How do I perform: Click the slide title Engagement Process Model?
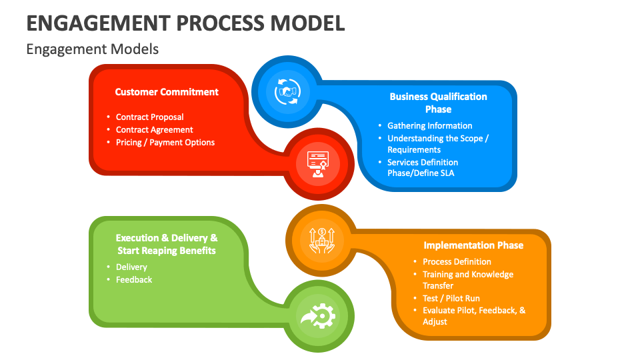[x=185, y=23]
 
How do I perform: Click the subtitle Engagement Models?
[x=93, y=49]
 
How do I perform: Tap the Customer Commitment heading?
[x=167, y=92]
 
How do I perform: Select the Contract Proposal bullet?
[x=149, y=117]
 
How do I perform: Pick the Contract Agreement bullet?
[x=154, y=129]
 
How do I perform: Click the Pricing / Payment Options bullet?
[x=165, y=142]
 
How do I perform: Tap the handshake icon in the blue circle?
[x=287, y=91]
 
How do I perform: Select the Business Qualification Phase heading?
[x=438, y=103]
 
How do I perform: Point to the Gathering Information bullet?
[x=429, y=125]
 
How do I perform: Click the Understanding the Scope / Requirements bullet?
[x=438, y=144]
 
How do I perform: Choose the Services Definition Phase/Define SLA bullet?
[x=423, y=167]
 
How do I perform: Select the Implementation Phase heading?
[x=473, y=245]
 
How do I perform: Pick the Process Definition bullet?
[x=457, y=261]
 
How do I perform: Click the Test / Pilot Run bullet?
[x=451, y=298]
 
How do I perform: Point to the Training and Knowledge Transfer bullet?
[x=467, y=280]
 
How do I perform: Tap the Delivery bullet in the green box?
[x=131, y=267]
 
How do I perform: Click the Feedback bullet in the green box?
[x=134, y=279]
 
